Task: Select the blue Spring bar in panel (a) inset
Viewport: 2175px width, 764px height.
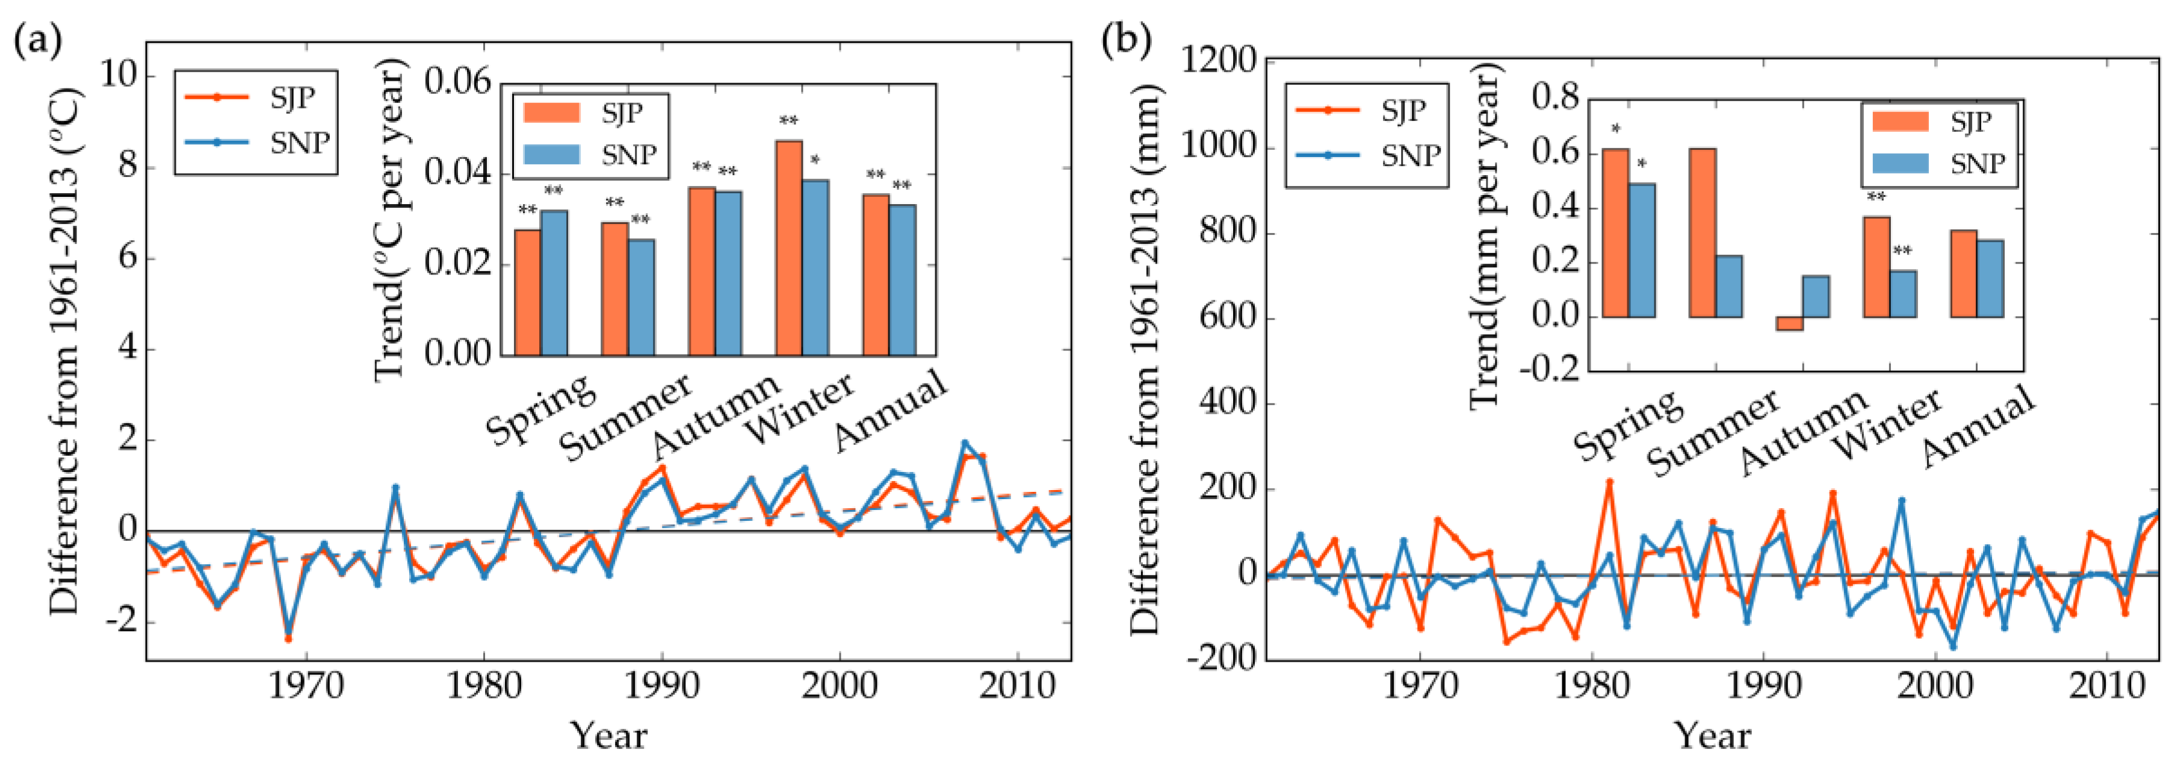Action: [x=554, y=283]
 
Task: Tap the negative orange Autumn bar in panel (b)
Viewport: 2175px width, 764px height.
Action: [x=1789, y=323]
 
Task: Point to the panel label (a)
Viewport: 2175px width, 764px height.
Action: [x=38, y=40]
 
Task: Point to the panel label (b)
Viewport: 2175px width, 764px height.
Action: [x=1127, y=40]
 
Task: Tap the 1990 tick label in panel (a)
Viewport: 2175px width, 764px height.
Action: [x=661, y=686]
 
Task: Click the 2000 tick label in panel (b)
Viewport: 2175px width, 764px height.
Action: [x=1935, y=686]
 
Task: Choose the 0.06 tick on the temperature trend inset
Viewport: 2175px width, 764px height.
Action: [x=457, y=82]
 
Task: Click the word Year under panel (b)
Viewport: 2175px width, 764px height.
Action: [x=1712, y=735]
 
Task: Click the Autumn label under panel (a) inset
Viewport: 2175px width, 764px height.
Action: [x=716, y=414]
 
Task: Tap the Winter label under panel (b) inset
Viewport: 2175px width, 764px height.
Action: [x=1890, y=426]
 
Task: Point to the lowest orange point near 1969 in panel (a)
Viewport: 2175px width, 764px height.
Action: [x=288, y=639]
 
